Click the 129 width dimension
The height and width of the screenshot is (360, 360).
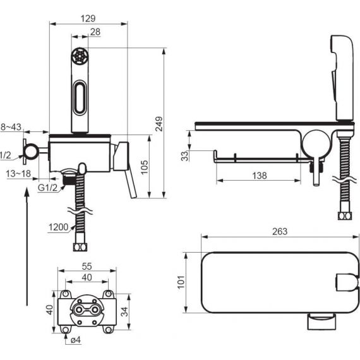(x=88, y=18)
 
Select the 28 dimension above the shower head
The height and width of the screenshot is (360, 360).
(x=95, y=32)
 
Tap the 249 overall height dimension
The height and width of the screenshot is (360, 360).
(x=159, y=124)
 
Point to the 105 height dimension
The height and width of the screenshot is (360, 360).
(x=145, y=167)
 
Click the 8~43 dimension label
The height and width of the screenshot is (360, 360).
(x=11, y=127)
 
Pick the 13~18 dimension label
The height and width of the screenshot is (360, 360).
(x=18, y=174)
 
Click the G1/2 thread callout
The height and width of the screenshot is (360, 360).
(x=47, y=188)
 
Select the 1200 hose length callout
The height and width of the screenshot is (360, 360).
(x=59, y=227)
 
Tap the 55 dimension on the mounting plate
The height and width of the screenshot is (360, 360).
(x=87, y=267)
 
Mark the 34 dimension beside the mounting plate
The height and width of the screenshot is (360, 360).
(x=124, y=312)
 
